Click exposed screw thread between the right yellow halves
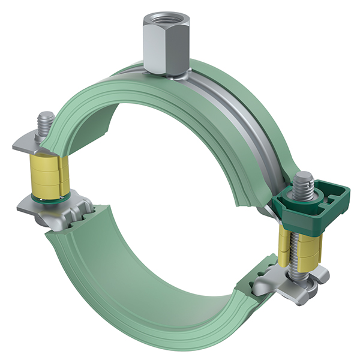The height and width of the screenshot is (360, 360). click(295, 252)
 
